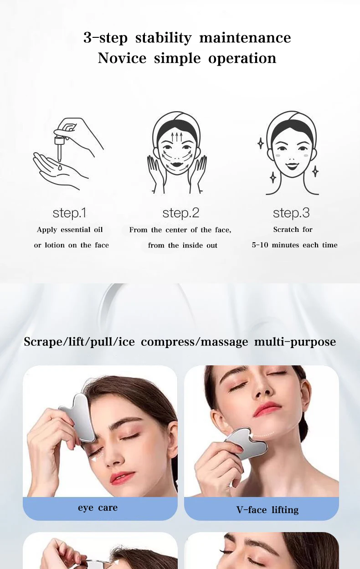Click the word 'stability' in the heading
coord(163,38)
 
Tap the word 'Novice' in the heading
coord(122,58)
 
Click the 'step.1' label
coord(69,213)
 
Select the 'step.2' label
coord(180,213)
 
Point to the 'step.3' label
coord(291,213)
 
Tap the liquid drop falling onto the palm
coord(60,167)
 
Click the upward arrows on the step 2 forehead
coord(177,137)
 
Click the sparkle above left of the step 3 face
coord(261,144)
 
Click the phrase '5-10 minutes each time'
coord(295,245)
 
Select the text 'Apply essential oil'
coord(70,230)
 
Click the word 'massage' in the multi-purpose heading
coord(224,342)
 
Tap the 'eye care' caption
coord(98,507)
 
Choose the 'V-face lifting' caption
coord(267,510)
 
